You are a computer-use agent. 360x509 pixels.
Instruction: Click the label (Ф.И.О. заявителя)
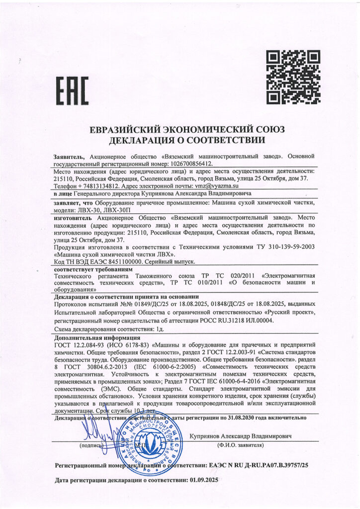click(240, 445)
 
